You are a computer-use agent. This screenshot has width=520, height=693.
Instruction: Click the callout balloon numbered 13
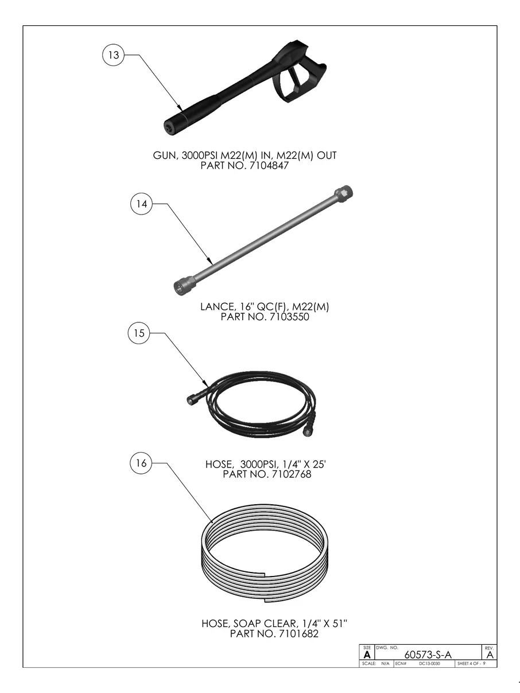tap(113, 55)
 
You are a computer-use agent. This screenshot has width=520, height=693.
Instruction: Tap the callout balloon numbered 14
tap(141, 204)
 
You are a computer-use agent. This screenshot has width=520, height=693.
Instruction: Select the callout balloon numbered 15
tap(138, 333)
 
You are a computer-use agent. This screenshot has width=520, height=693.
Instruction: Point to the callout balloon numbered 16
tap(141, 464)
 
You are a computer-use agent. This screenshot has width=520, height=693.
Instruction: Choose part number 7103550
tap(287, 317)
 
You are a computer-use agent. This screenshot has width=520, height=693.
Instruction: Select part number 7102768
tap(290, 474)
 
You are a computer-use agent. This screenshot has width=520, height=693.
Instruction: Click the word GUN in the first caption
tap(164, 155)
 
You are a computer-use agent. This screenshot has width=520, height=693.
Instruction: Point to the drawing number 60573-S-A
tap(428, 655)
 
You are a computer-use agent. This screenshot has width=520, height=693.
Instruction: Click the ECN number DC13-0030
tap(429, 664)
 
